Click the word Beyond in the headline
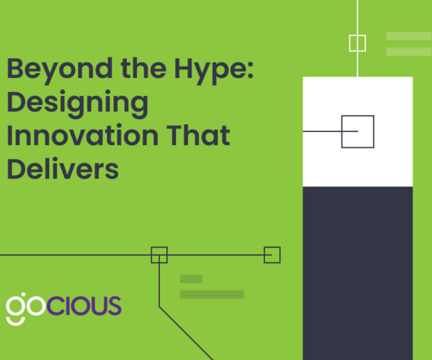(60, 70)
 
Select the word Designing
(77, 104)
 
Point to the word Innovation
(82, 135)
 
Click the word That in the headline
(198, 135)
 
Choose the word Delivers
(63, 169)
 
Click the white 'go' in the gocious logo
(25, 305)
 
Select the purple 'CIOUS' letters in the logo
(84, 305)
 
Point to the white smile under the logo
(15, 322)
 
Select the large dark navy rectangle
(358, 273)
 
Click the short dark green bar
(192, 279)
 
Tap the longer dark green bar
(212, 295)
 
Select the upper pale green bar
(409, 36)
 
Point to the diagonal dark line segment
(186, 333)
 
